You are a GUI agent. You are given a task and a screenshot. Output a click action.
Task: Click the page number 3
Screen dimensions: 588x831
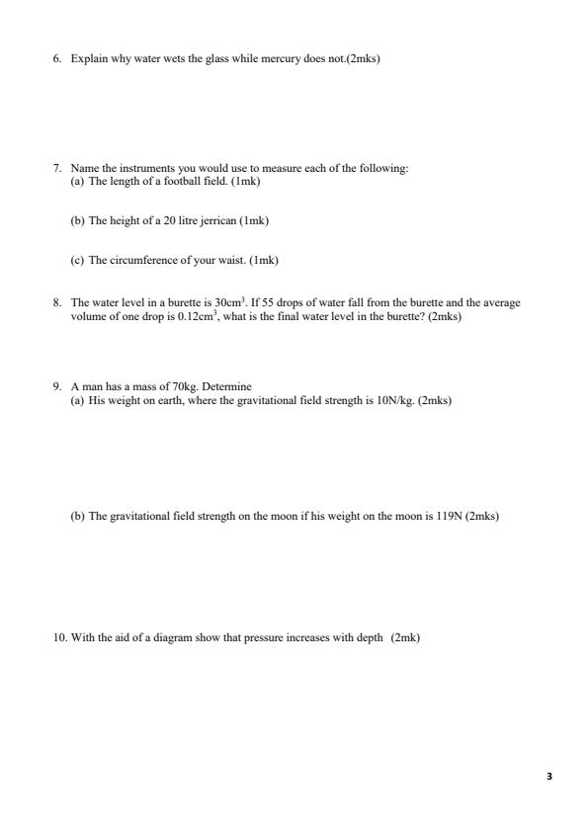[548, 777]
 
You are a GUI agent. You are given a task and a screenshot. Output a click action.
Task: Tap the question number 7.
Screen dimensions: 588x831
[57, 168]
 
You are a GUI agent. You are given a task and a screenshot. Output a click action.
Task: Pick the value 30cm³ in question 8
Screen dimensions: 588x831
[230, 302]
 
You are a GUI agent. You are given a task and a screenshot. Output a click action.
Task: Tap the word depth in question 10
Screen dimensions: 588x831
[370, 637]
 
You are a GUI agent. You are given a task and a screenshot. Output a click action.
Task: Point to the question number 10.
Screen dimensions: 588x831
[60, 637]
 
